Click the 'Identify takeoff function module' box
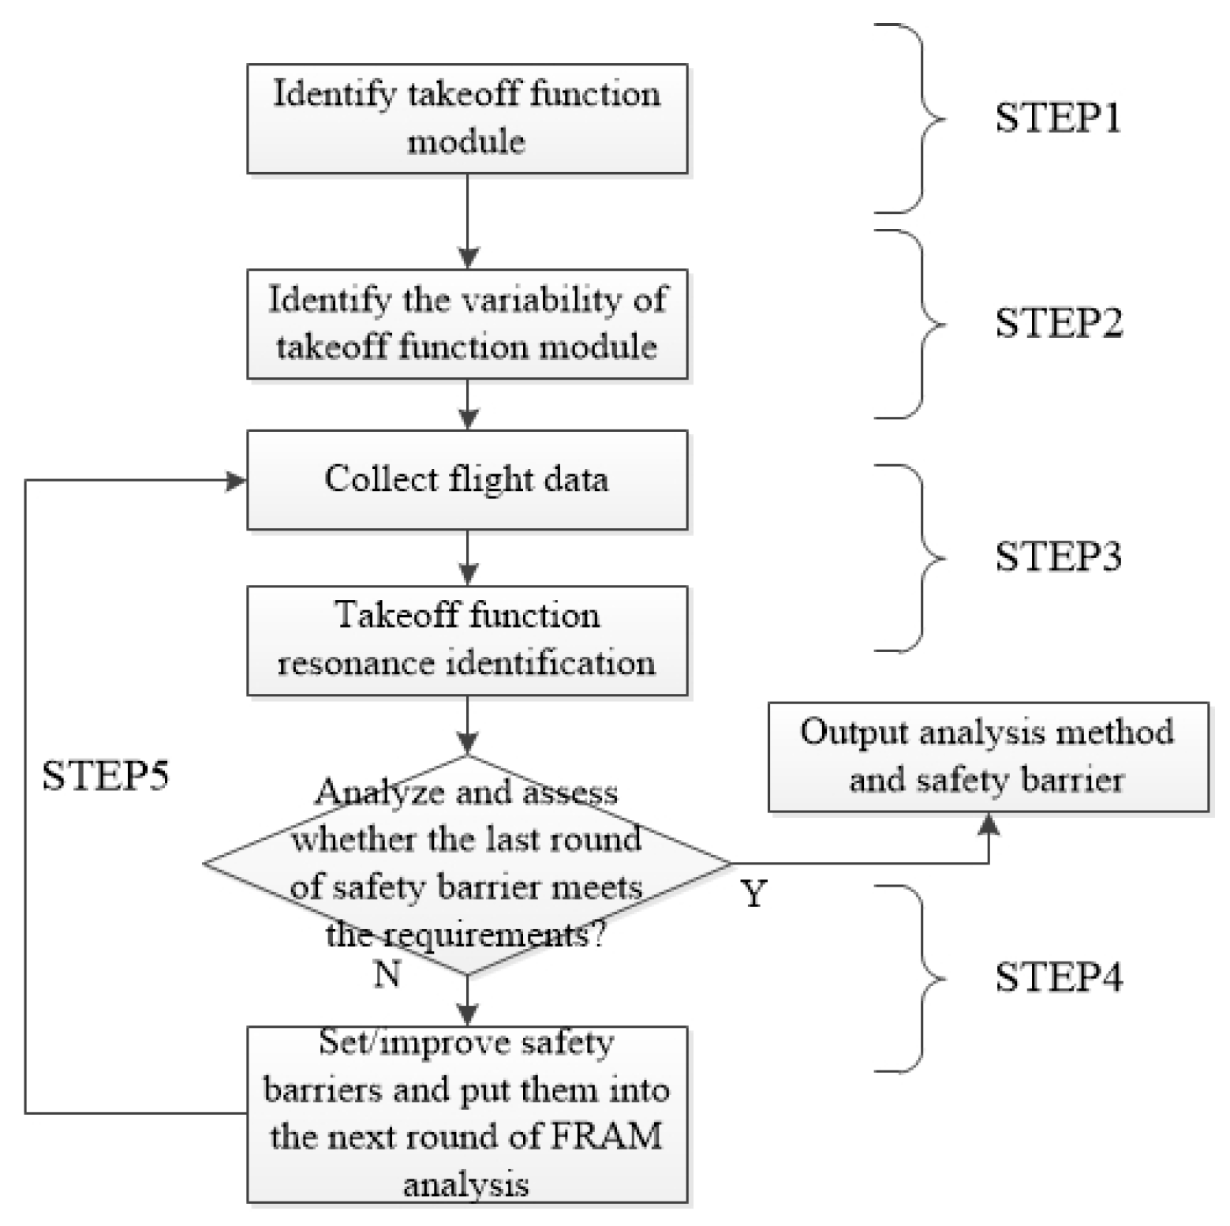467,118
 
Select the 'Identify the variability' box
467,324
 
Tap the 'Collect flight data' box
467,480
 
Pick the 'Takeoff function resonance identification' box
467,640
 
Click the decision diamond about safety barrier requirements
467,864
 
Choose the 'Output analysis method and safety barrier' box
988,756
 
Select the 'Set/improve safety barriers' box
467,1114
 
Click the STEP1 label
1057,118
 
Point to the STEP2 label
1058,324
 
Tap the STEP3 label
1057,557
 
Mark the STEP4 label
1058,978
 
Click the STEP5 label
105,776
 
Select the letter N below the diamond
387,975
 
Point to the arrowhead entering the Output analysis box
989,824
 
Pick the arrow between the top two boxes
468,221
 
